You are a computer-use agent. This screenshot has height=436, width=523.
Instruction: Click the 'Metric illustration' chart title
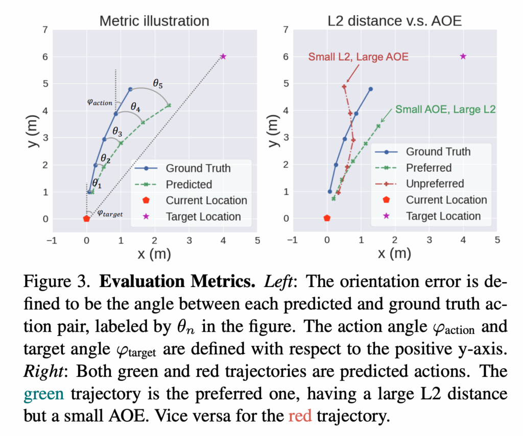(154, 21)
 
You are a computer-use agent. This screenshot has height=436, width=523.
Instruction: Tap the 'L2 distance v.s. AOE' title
(395, 21)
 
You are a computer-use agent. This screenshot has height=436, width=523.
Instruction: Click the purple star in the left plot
(223, 56)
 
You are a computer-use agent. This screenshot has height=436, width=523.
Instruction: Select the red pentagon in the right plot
(327, 218)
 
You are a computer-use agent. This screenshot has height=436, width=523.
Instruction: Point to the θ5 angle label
(159, 82)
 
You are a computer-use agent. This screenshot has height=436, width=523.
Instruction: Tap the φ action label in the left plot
(100, 102)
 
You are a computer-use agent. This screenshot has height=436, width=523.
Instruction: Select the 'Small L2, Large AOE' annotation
(358, 57)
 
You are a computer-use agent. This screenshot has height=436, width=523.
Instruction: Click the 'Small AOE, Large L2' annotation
(445, 109)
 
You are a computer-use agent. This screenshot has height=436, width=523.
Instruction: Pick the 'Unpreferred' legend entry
(435, 184)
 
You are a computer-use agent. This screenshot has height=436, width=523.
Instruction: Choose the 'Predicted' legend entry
(188, 184)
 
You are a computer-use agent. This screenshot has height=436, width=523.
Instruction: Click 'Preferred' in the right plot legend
(429, 168)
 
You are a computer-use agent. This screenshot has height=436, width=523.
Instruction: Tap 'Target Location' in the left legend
(203, 216)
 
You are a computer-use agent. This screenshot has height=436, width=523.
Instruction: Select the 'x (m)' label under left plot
(154, 253)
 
